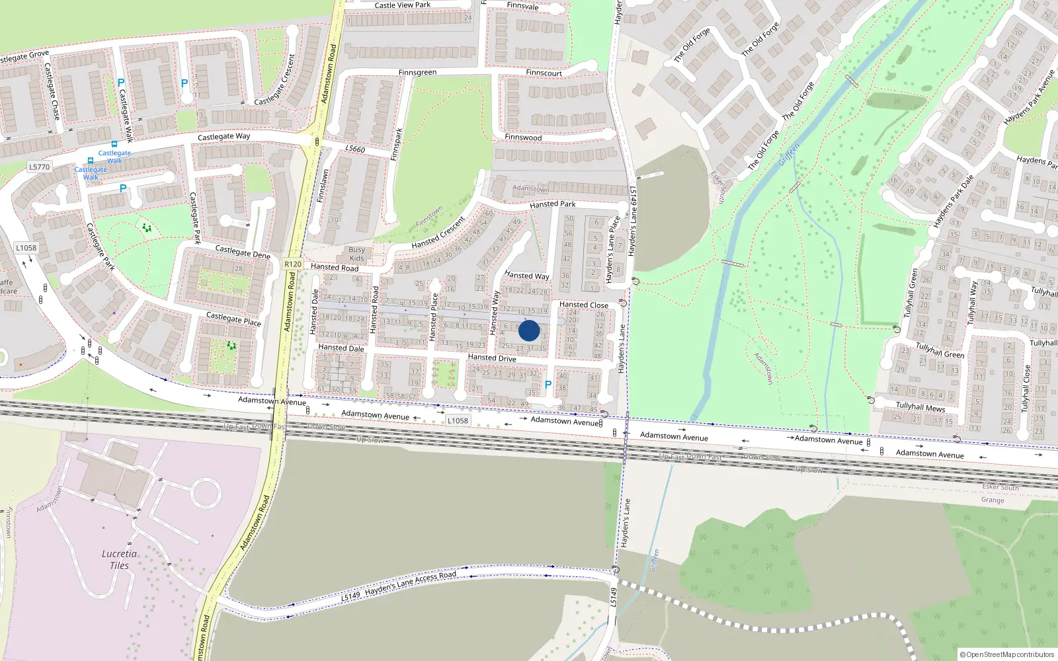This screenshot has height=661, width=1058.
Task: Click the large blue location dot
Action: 529,330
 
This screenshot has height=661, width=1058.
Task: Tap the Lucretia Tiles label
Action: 120,559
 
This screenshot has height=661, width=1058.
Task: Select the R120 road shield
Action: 293,264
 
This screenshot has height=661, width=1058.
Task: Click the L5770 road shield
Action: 40,167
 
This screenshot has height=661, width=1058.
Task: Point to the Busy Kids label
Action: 356,254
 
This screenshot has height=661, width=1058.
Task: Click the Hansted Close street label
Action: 584,305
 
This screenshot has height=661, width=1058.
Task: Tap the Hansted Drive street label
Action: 492,358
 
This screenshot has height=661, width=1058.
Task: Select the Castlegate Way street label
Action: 224,137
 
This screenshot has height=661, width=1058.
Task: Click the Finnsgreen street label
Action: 417,73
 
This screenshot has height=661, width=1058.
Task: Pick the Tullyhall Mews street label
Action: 920,407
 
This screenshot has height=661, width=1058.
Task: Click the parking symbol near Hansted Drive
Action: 548,385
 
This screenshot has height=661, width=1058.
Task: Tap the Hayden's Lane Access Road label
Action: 410,583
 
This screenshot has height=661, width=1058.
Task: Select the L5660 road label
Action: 355,149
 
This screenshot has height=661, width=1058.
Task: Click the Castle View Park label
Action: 402,5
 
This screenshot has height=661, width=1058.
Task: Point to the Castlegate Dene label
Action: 243,251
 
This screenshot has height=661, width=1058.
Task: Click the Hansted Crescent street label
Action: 438,233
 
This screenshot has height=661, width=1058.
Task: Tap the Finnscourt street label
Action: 544,73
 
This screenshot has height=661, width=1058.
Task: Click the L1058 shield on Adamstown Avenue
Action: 458,420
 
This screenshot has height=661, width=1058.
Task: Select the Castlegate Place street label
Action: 233,319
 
